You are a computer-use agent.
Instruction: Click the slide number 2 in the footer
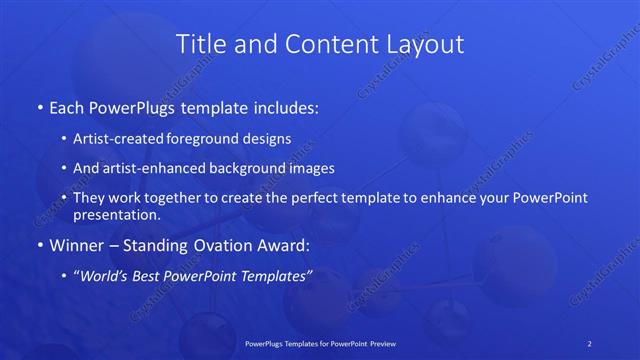[590, 343]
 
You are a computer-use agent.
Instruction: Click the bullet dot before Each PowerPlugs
[39, 106]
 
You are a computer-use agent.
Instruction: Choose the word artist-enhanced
[169, 168]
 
